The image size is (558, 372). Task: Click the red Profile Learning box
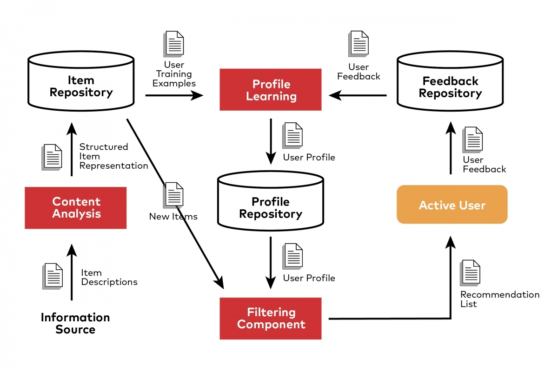pos(270,90)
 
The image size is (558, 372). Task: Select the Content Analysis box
pos(75,208)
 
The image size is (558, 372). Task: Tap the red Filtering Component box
pos(270,319)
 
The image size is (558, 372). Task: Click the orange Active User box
pos(452,205)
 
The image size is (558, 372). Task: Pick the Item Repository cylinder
pos(81,84)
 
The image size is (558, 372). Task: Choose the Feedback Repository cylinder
pos(450,85)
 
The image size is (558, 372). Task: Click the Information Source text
pos(75,323)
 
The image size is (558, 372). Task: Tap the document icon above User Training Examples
pos(173,44)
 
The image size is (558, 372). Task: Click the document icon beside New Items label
pos(173,195)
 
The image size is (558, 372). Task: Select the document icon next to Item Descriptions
pos(53,276)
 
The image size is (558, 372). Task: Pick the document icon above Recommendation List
pos(470,273)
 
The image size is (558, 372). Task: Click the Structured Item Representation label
pos(113,156)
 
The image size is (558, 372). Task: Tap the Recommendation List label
pos(499,299)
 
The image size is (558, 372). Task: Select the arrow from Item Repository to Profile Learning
pos(174,95)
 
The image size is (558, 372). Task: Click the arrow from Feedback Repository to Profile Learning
pos(358,95)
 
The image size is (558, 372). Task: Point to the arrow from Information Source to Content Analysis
pos(71,272)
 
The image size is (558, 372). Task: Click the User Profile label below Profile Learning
pos(309,157)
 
